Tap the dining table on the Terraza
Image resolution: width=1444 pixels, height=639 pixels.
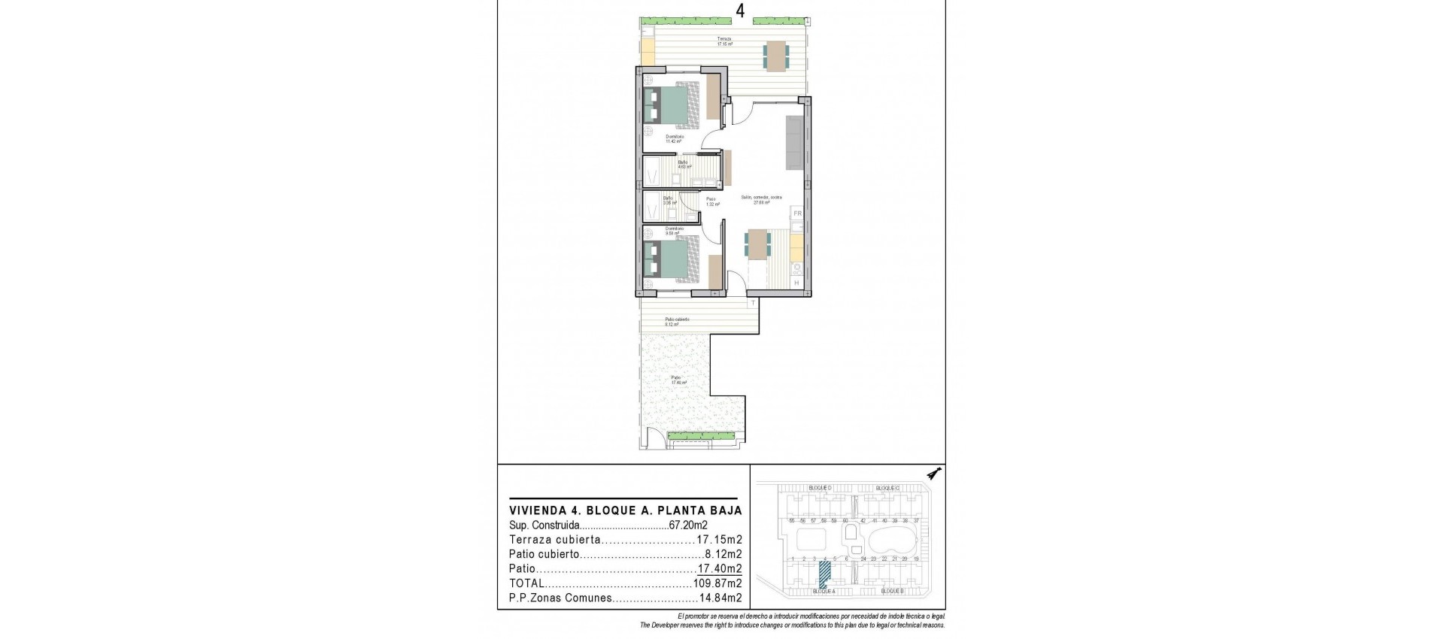pos(777,55)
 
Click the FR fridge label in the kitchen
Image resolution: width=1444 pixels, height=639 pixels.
pos(797,214)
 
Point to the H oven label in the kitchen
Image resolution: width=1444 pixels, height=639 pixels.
pos(796,283)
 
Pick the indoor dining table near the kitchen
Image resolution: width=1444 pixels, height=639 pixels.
pos(757,244)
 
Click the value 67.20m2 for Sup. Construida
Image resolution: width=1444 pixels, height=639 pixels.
pos(688,525)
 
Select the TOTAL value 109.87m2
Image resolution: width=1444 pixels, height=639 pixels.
pos(717,583)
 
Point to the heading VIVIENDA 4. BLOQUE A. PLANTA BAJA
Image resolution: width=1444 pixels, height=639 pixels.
pos(625,510)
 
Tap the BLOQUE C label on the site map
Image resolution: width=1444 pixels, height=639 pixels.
pos(887,488)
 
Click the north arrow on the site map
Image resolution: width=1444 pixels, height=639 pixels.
pos(935,474)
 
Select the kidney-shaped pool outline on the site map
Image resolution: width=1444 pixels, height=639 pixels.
pos(892,539)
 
